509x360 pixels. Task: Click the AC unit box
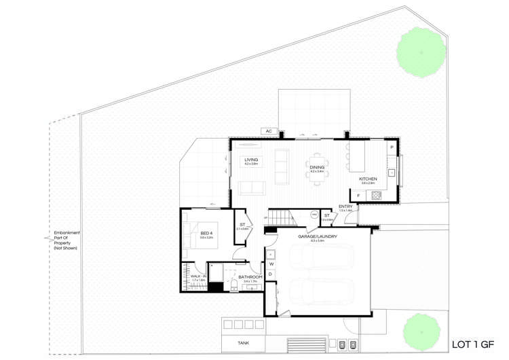point(269,131)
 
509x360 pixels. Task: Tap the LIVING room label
point(250,160)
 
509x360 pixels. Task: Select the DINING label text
point(318,168)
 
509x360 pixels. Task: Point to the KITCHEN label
point(368,179)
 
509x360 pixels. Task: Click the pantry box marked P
point(392,147)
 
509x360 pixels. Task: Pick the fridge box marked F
point(359,196)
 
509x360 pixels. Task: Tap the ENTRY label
point(346,206)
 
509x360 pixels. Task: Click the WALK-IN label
point(197,276)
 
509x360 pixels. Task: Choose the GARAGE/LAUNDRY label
point(318,236)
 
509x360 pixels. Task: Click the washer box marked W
point(271,264)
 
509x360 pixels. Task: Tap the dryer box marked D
point(271,274)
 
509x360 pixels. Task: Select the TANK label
point(243,344)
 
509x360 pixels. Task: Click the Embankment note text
point(67,241)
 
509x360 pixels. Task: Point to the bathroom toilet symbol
point(233,284)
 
